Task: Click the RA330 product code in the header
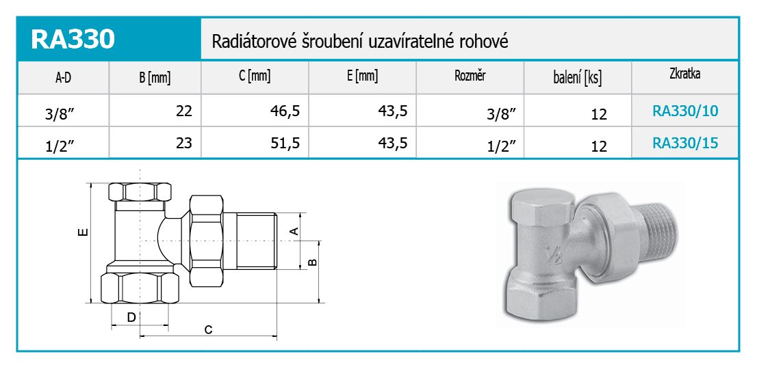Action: (x=73, y=40)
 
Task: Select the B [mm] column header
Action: (x=155, y=77)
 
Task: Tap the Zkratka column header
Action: (x=685, y=74)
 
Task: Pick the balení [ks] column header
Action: (x=578, y=77)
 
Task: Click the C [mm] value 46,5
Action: (x=285, y=111)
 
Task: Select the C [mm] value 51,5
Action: (x=285, y=143)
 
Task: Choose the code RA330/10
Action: (x=686, y=111)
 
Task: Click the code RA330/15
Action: (x=686, y=143)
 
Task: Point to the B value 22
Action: (x=184, y=111)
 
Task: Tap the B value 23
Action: (x=184, y=143)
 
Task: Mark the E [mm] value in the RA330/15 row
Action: (x=393, y=143)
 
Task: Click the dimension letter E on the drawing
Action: (x=83, y=232)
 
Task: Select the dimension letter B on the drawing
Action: (x=312, y=262)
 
